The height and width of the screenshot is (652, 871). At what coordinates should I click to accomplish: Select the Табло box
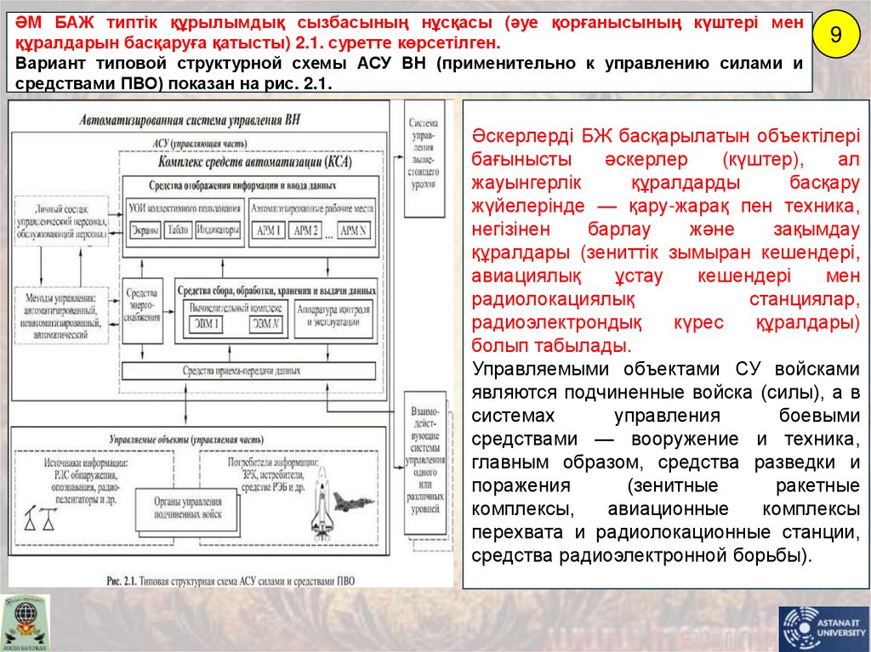(x=178, y=230)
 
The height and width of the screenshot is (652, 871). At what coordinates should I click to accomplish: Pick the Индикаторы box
(x=217, y=230)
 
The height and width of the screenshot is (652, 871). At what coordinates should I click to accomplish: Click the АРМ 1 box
(x=269, y=231)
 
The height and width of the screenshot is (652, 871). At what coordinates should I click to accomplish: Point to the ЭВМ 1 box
(x=205, y=324)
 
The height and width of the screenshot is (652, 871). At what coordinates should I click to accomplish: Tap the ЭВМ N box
(x=264, y=324)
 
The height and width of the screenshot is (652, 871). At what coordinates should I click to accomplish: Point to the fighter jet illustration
(x=352, y=501)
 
